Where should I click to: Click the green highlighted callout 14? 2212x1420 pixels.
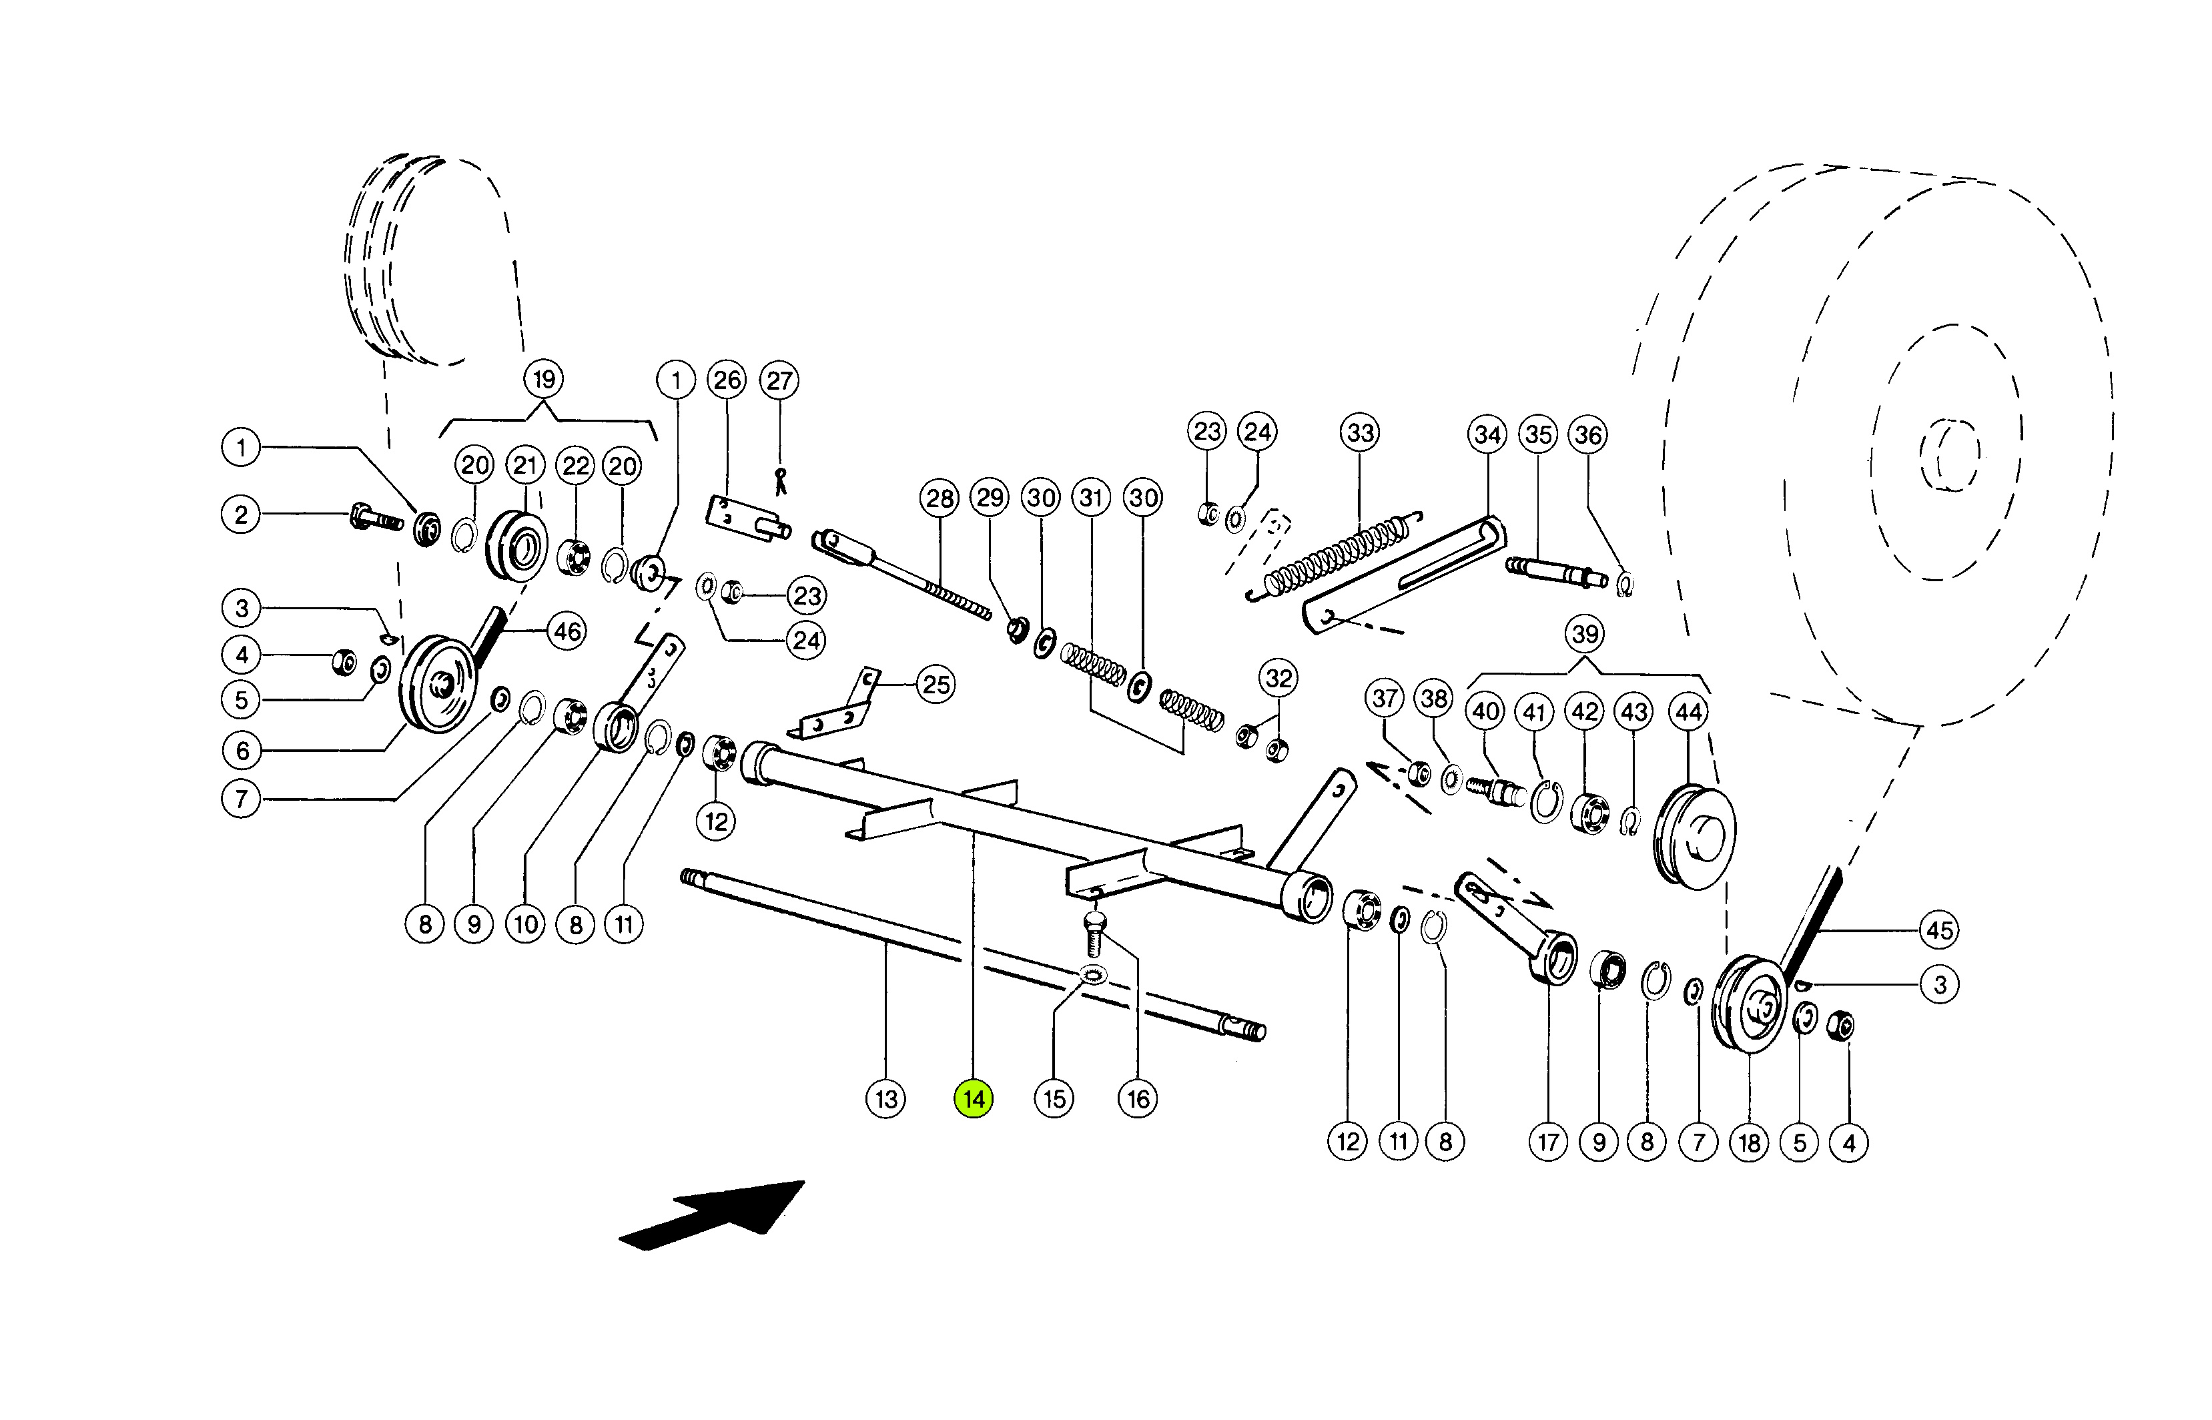[974, 1098]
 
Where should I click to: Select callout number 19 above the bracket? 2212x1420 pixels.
[544, 379]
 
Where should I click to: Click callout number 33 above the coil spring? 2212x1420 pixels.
[1360, 432]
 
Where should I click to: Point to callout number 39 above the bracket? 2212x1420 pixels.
[1585, 635]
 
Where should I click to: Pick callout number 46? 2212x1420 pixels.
[567, 632]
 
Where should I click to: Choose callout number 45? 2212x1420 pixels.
[1940, 930]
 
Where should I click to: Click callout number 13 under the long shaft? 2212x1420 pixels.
[886, 1098]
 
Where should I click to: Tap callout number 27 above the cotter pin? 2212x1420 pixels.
[779, 380]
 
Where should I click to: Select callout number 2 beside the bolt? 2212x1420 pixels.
[241, 514]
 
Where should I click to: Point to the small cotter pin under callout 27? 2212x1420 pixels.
[780, 480]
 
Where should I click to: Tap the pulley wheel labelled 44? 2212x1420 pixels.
[1695, 836]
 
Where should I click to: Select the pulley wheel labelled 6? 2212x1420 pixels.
[437, 683]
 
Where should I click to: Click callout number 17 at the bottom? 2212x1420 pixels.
[1548, 1142]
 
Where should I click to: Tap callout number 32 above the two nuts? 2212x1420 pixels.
[1278, 679]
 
